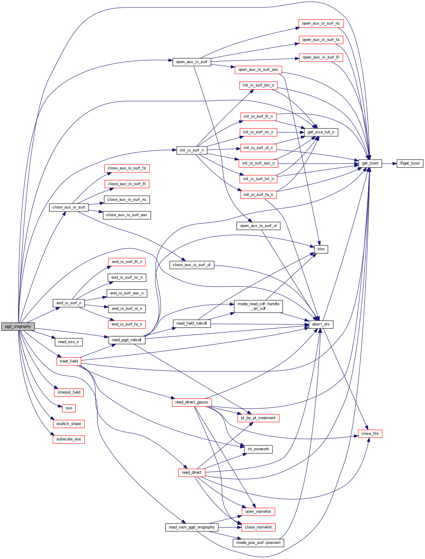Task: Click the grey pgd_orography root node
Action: click(x=18, y=326)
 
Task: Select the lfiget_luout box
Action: click(x=410, y=163)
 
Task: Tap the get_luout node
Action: click(x=370, y=163)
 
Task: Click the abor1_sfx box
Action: click(x=321, y=324)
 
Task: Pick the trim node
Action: click(x=321, y=249)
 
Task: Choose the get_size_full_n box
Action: click(x=321, y=132)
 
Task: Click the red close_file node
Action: click(x=370, y=434)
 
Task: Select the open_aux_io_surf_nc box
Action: click(x=321, y=23)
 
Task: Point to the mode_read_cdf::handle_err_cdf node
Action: click(x=258, y=306)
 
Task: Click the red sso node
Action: click(x=69, y=408)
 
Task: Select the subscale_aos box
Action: click(x=68, y=439)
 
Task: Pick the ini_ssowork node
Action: click(x=258, y=449)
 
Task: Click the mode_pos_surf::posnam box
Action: click(x=258, y=543)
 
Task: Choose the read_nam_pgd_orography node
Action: click(x=192, y=527)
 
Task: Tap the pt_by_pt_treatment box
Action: click(x=258, y=418)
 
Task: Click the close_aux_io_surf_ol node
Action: click(x=192, y=265)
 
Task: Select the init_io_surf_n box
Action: click(x=192, y=150)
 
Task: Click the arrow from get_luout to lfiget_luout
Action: click(x=389, y=163)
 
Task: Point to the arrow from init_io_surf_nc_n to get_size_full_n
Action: click(x=290, y=132)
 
